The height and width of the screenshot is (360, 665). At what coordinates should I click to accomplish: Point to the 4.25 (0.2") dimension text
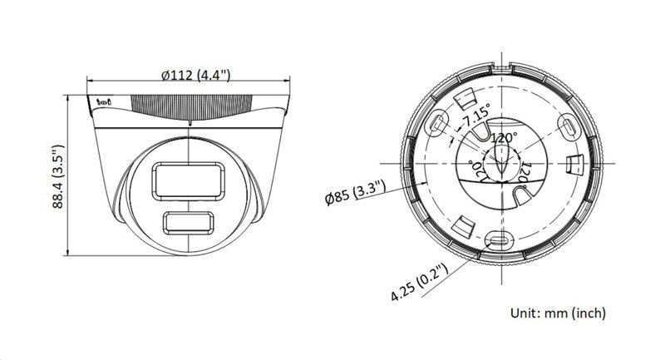[420, 283]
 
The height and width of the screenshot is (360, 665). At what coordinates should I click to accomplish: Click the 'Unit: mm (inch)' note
[557, 313]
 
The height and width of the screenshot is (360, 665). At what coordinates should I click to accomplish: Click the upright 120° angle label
[504, 137]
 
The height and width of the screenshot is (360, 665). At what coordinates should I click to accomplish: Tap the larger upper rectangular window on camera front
[187, 180]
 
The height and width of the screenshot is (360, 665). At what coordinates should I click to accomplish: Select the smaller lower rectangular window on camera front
[189, 223]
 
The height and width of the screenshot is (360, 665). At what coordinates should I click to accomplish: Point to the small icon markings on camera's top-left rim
[105, 103]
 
